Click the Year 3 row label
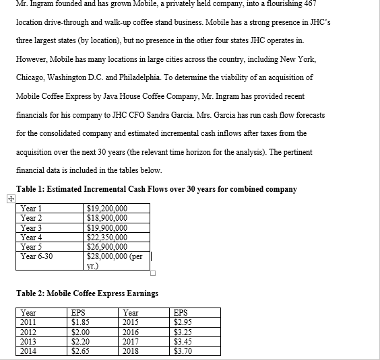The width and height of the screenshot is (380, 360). pyautogui.click(x=31, y=227)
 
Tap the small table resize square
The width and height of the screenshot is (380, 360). pyautogui.click(x=153, y=273)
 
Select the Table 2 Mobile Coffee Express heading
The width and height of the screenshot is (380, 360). pyautogui.click(x=88, y=293)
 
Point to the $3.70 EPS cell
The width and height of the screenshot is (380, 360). pyautogui.click(x=183, y=350)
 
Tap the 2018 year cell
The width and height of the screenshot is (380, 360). pyautogui.click(x=132, y=350)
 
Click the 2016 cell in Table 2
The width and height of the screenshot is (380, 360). pyautogui.click(x=132, y=331)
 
